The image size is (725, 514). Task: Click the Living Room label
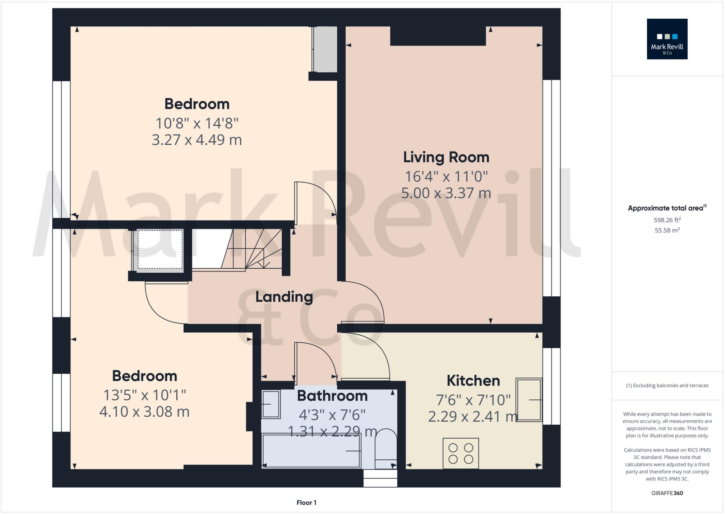coord(446,157)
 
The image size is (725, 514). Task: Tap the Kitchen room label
coord(473,381)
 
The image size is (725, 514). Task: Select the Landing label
coord(284,297)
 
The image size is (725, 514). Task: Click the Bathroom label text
coord(332,396)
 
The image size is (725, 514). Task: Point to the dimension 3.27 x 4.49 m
coord(197,140)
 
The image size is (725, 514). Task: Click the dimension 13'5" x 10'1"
coord(144,395)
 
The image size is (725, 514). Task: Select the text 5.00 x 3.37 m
coord(446,193)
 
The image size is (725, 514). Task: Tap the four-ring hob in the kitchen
coord(461,453)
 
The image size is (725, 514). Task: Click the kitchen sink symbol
coord(528,399)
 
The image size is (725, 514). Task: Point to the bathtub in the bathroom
coord(311,451)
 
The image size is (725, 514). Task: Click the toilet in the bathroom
coord(385,449)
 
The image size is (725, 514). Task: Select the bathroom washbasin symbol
coord(271,404)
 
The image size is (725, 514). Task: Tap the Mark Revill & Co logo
coord(667,39)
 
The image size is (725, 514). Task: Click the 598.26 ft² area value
coord(667,220)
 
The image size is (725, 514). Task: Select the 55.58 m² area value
coord(667,231)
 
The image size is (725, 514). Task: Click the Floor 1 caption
coord(306,503)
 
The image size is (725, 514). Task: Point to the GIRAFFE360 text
coord(667,493)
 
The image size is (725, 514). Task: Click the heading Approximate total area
coord(666,208)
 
